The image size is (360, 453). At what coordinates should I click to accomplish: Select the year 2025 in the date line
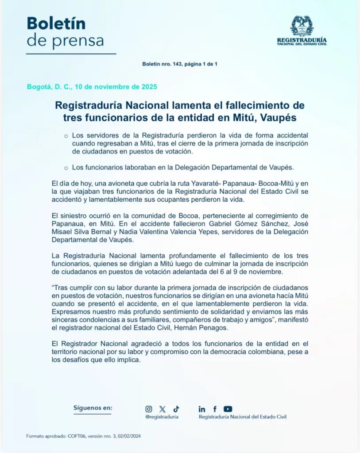pyautogui.click(x=147, y=87)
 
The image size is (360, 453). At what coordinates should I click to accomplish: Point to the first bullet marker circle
pyautogui.click(x=66, y=136)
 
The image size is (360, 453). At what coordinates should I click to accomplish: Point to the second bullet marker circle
pyautogui.click(x=66, y=168)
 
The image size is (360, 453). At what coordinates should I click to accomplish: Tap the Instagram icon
pyautogui.click(x=149, y=409)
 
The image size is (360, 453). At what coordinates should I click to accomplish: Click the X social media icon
pyautogui.click(x=163, y=409)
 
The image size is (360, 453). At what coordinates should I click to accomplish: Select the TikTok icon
pyautogui.click(x=176, y=409)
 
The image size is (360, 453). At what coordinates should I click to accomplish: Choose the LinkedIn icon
pyautogui.click(x=202, y=409)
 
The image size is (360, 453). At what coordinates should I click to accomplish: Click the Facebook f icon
pyautogui.click(x=215, y=409)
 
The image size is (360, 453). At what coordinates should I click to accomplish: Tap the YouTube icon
pyautogui.click(x=228, y=409)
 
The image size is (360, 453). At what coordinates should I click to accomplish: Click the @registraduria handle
pyautogui.click(x=162, y=417)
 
